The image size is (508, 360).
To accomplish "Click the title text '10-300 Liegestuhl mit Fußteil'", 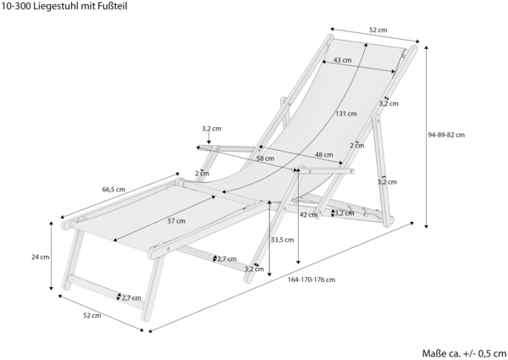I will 64,6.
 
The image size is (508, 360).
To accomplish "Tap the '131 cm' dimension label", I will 345,114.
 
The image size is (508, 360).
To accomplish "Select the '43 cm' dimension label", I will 342,61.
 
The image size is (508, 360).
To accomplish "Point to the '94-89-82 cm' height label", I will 446,134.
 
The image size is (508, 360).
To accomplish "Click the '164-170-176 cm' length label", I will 311,280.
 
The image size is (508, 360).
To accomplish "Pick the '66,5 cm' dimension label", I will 113,189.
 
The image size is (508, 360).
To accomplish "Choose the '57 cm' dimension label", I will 175,221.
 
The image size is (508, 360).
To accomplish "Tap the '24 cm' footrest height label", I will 40,256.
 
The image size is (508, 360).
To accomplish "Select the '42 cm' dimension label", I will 308,214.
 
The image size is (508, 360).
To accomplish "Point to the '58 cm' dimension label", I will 265,158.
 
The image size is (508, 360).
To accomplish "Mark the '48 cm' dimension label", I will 323,154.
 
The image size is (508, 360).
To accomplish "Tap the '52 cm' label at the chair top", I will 378,30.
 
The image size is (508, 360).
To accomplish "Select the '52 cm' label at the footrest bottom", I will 91,315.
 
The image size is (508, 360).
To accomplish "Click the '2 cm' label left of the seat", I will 202,173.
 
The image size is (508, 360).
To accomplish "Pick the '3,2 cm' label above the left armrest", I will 212,129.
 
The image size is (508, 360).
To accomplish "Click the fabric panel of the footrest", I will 144,217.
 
